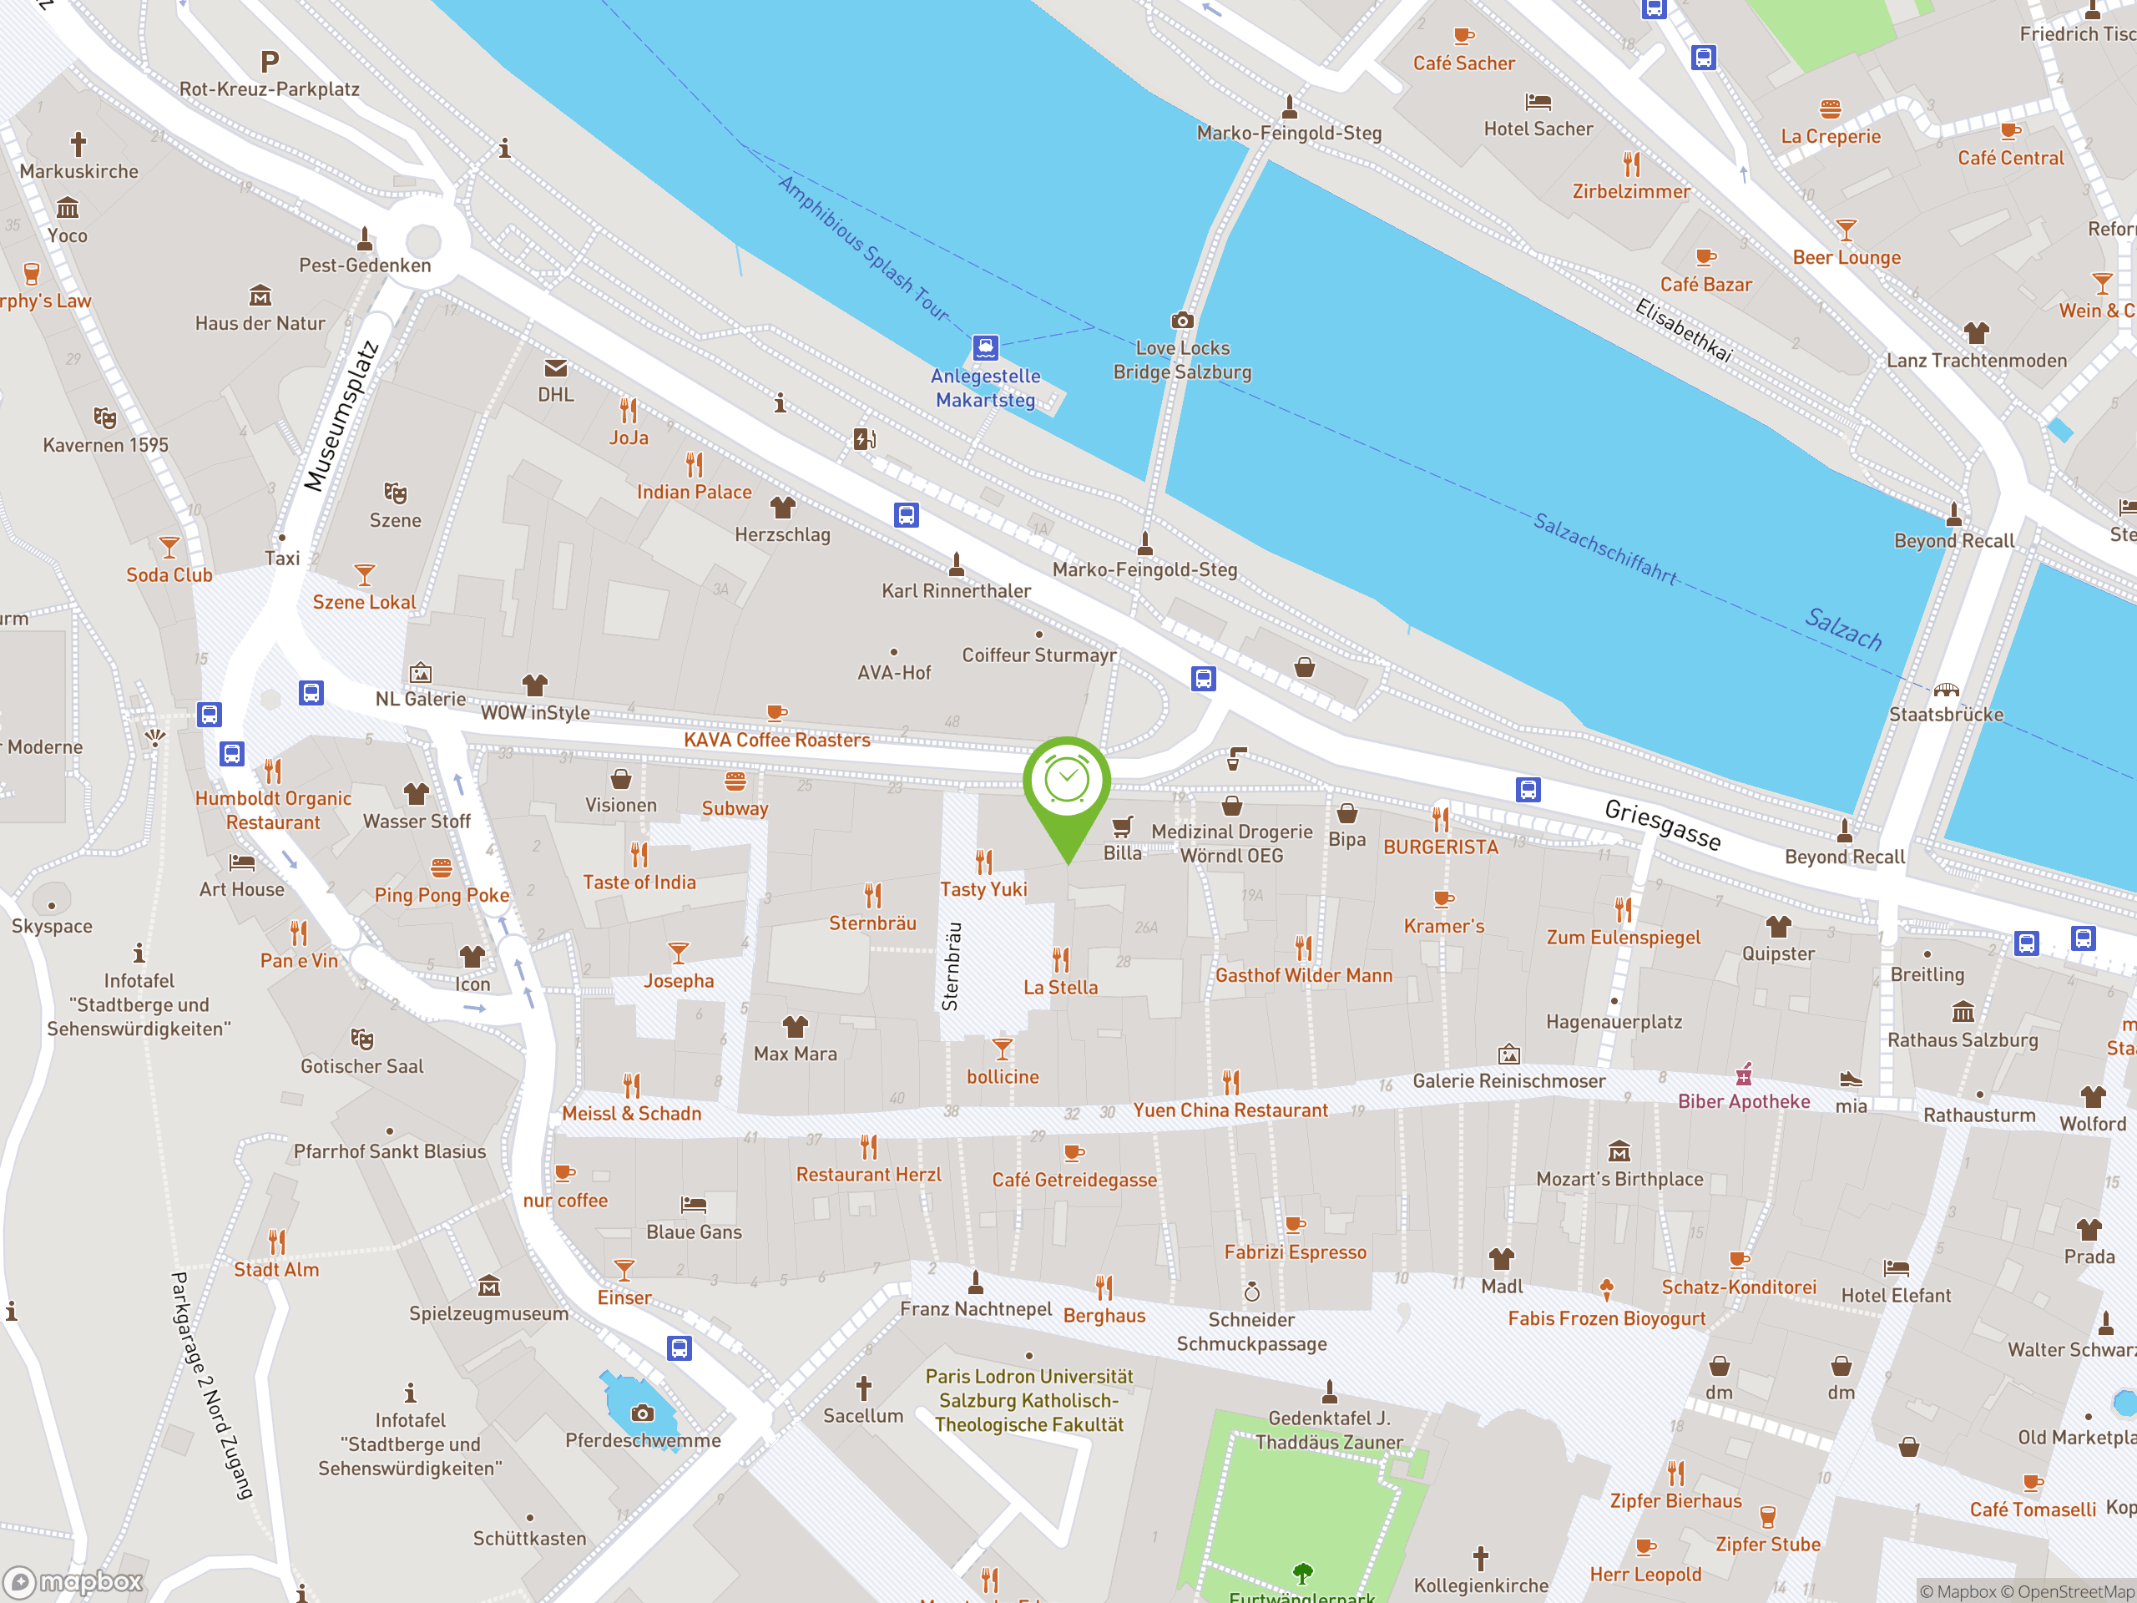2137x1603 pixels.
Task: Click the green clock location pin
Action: (x=1067, y=781)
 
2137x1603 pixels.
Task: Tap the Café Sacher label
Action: (x=1463, y=63)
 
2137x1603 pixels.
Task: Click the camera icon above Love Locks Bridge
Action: (x=1181, y=321)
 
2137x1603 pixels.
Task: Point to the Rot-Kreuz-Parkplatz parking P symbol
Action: (x=270, y=63)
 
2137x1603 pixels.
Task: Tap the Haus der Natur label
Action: (x=260, y=324)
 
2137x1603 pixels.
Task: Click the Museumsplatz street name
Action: (x=340, y=417)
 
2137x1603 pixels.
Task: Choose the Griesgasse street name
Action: (x=1662, y=824)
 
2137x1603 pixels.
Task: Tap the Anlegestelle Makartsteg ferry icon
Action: (x=984, y=346)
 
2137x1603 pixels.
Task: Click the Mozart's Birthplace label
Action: (x=1619, y=1179)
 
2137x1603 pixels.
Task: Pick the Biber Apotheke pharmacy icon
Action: (x=1743, y=1075)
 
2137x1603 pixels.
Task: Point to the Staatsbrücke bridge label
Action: (x=1946, y=715)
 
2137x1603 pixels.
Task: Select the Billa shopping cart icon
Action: (x=1122, y=827)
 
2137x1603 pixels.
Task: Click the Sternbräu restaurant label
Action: (x=872, y=923)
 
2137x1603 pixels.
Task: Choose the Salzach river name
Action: (x=1843, y=629)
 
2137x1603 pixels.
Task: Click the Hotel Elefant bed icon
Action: (x=1896, y=1267)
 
